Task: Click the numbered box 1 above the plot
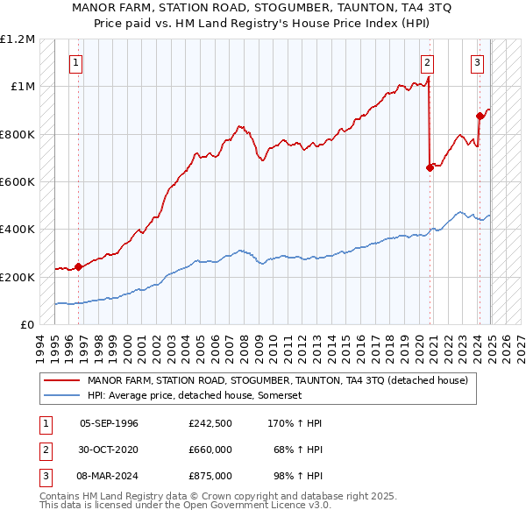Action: [77, 62]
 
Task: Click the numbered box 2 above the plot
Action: [427, 62]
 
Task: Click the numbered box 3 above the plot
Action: [478, 62]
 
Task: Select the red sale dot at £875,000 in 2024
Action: [480, 116]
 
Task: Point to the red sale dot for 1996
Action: [78, 266]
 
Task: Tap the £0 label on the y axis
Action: [27, 325]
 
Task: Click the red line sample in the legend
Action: [60, 381]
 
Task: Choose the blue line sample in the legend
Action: [60, 396]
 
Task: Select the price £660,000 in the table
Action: [210, 450]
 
